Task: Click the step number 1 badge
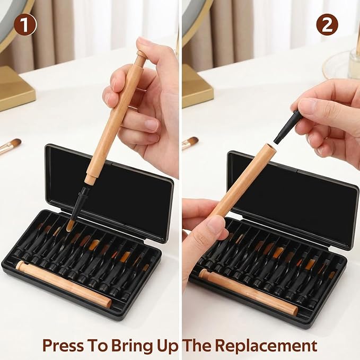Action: pos(25,24)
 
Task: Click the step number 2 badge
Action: pos(327,24)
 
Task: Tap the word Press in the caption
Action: pos(63,345)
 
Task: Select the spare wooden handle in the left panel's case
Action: pos(64,284)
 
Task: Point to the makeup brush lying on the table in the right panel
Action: pos(190,143)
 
